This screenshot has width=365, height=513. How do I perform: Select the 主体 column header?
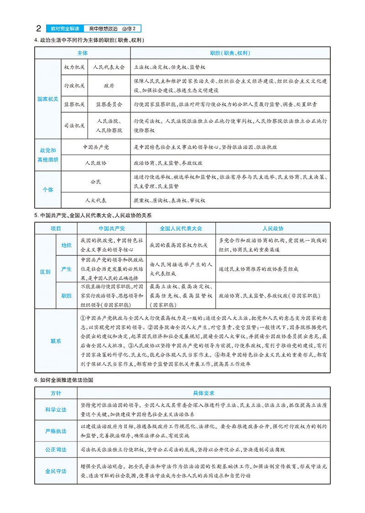[83, 53]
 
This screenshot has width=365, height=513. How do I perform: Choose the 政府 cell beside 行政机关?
[109, 85]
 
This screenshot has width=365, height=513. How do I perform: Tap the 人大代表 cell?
[96, 200]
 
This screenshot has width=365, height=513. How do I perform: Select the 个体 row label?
[47, 189]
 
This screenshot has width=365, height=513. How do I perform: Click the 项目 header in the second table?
[56, 228]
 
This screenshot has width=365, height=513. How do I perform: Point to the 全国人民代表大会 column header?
[181, 228]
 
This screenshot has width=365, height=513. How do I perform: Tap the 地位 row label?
[66, 245]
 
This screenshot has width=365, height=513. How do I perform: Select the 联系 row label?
[56, 341]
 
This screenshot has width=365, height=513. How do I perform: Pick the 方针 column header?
[56, 393]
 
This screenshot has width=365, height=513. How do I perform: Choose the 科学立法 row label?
[56, 409]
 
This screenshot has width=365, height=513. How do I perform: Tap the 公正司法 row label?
[56, 449]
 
